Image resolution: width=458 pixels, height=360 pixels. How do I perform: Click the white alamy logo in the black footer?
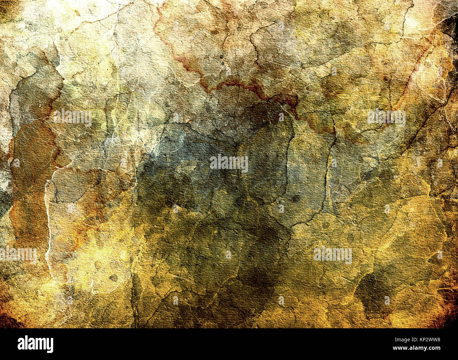tap(35, 344)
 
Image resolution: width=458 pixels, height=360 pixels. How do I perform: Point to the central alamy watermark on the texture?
tap(229, 163)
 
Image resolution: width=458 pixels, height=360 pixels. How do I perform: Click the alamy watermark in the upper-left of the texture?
tap(73, 118)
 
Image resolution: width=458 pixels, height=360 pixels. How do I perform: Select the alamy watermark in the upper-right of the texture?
tap(386, 118)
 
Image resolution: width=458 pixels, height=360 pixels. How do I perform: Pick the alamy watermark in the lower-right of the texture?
tap(333, 255)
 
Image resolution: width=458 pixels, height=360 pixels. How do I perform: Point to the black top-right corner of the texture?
tap(451, 21)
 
